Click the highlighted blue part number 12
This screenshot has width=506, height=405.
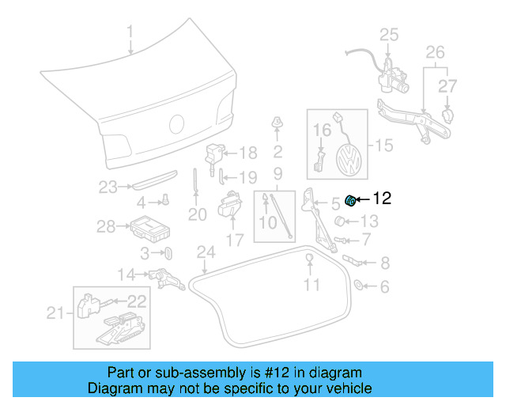[348, 199]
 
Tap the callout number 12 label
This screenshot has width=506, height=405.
[382, 199]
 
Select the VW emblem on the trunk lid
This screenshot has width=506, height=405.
[177, 123]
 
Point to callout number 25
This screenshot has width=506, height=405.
[389, 34]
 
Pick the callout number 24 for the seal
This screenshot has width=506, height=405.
[206, 252]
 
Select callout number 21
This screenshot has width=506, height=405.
[54, 314]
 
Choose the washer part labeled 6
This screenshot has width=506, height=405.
[357, 285]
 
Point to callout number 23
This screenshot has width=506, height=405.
[108, 187]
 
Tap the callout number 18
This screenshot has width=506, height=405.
[248, 153]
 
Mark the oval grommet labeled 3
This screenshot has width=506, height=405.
[168, 253]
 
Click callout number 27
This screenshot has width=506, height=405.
[448, 85]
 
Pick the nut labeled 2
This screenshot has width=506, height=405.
[278, 123]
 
